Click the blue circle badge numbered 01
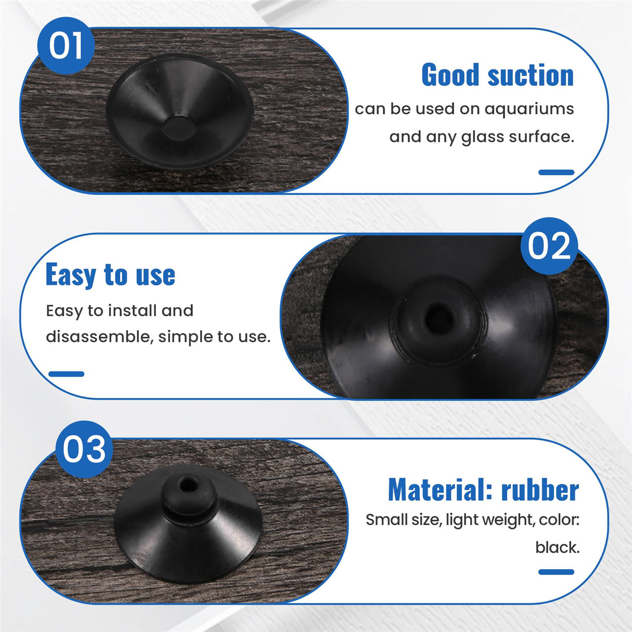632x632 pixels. point(66,45)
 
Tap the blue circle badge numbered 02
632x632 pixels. point(549,246)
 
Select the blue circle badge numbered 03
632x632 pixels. point(84,449)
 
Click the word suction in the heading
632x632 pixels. point(530,75)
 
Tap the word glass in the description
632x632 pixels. point(482,137)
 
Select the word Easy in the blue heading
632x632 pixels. point(71,275)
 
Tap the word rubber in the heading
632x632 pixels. point(540,490)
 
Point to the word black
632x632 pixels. point(557,548)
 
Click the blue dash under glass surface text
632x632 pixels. point(556,172)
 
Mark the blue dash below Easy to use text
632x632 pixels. point(66,374)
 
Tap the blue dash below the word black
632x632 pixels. point(556,572)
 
